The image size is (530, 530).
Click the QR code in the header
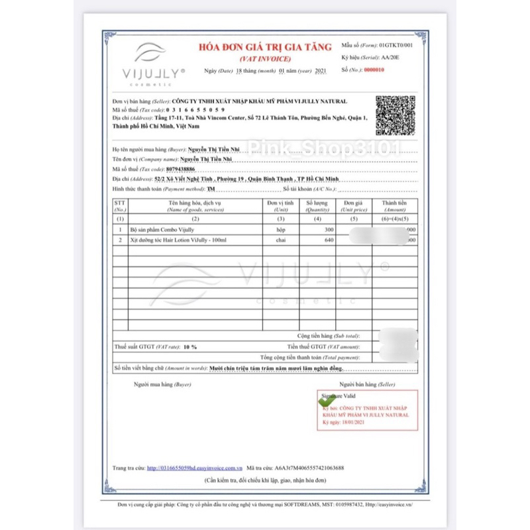coord(396,115)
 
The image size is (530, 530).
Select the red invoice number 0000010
coord(376,69)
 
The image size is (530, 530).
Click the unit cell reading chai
coord(272,240)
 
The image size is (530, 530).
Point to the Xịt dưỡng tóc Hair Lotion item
coord(179,240)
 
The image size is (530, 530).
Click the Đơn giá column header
coord(354,205)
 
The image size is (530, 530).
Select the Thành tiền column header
coord(394,205)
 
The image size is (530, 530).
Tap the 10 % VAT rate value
coord(190,346)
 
